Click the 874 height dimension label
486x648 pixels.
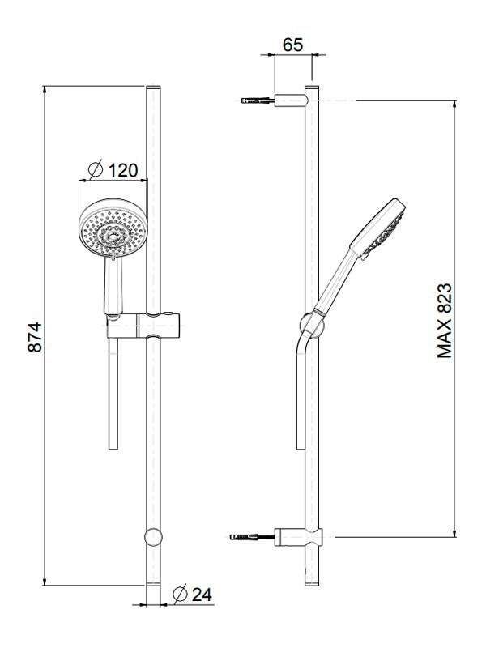tap(35, 337)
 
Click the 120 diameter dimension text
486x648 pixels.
tap(123, 170)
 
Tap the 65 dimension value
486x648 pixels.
tap(293, 45)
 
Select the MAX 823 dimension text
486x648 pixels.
tap(445, 321)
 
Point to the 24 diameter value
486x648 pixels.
tap(202, 595)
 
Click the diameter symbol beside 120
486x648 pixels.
tap(96, 169)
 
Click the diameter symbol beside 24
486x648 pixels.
tap(180, 594)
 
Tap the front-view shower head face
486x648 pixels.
tap(113, 229)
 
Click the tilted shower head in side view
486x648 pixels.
tap(377, 229)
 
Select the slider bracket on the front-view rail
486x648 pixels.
tap(143, 326)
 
